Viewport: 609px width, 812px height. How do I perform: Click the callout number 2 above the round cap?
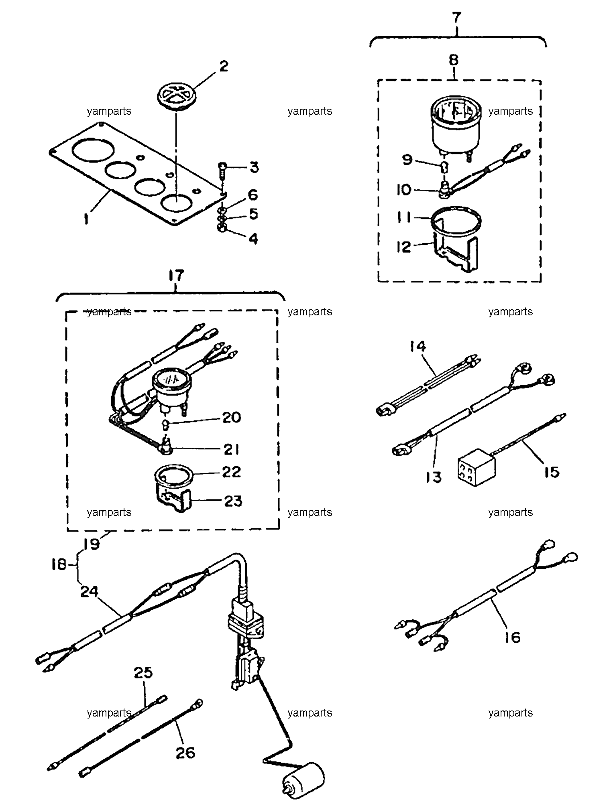pos(223,66)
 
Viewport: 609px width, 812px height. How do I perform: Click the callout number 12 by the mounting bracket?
pos(403,247)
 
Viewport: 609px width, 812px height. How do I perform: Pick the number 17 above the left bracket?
pos(175,276)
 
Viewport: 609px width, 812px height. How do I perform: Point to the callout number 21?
pos(231,449)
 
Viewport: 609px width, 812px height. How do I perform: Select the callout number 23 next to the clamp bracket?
pos(233,501)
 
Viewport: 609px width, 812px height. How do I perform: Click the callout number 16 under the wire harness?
pos(512,637)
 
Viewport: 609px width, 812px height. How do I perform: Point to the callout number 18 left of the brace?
pos(59,565)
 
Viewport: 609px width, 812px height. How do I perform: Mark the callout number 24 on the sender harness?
pos(89,591)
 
